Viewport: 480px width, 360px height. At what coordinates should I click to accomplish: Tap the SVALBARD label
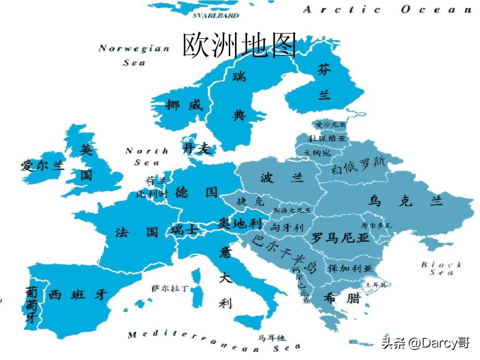tap(216, 16)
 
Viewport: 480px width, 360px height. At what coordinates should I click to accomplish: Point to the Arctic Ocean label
tap(387, 10)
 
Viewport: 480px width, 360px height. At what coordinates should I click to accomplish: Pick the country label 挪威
tap(184, 105)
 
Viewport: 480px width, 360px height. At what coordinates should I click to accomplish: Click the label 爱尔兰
tap(43, 166)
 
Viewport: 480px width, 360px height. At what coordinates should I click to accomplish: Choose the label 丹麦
tap(197, 149)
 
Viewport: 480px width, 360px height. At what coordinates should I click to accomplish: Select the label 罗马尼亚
tap(340, 238)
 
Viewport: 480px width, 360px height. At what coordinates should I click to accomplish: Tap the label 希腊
tap(342, 298)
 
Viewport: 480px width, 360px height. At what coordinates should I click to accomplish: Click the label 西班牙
tap(78, 294)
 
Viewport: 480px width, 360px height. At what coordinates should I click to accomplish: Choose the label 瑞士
tap(184, 230)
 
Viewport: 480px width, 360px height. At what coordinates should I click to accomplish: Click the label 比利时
tap(152, 194)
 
